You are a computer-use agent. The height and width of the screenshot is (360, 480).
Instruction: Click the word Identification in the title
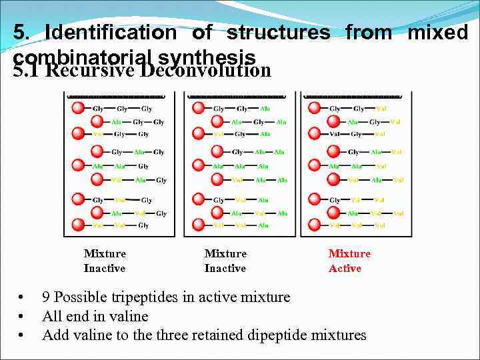(111, 32)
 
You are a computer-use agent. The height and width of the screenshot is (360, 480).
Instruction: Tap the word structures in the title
(278, 32)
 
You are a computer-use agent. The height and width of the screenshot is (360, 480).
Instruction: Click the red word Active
(345, 269)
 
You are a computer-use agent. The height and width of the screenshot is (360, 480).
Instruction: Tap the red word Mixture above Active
(349, 254)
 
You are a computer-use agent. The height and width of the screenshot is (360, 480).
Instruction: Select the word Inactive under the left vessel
(104, 269)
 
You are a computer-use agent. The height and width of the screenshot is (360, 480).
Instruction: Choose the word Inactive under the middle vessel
(225, 269)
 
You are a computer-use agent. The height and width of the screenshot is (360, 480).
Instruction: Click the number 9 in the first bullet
(47, 297)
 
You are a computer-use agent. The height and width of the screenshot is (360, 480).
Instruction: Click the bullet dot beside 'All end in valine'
(22, 316)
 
